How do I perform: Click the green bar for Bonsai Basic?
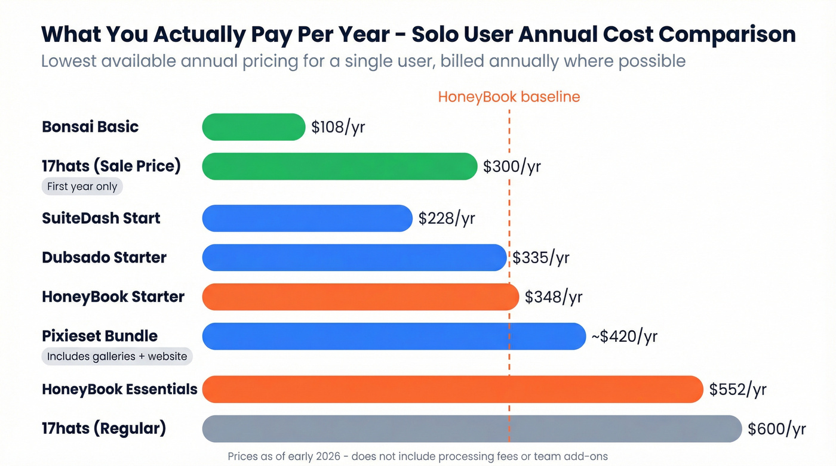tap(254, 127)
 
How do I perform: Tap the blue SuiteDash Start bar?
tap(307, 218)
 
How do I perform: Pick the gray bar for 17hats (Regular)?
tap(472, 428)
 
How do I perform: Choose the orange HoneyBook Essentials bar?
tap(453, 389)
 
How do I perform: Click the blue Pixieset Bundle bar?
tap(394, 337)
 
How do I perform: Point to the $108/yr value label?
tap(338, 127)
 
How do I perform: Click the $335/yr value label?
tap(541, 258)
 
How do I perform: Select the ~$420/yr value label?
tap(624, 337)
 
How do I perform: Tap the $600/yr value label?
tap(777, 428)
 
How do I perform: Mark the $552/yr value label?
tap(737, 390)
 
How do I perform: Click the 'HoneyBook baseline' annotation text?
tap(509, 97)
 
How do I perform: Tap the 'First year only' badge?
tap(82, 186)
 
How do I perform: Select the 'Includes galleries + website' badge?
tap(117, 357)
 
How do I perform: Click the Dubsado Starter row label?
tap(104, 258)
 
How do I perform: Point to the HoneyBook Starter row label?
tap(113, 297)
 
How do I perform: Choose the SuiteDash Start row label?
tap(101, 218)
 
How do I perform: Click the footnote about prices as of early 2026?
tap(417, 456)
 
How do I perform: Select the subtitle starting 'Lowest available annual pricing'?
tap(363, 61)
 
